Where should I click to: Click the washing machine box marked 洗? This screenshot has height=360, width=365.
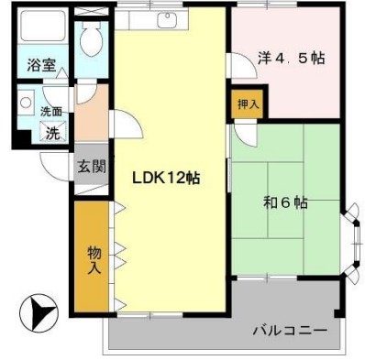tap(51, 131)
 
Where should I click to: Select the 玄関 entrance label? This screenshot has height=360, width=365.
tap(90, 167)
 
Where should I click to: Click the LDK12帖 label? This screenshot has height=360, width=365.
tap(166, 177)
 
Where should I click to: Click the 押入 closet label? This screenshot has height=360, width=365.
tap(247, 104)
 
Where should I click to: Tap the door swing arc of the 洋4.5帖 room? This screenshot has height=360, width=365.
tap(240, 69)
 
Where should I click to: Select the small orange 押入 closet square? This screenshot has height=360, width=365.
tap(247, 104)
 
